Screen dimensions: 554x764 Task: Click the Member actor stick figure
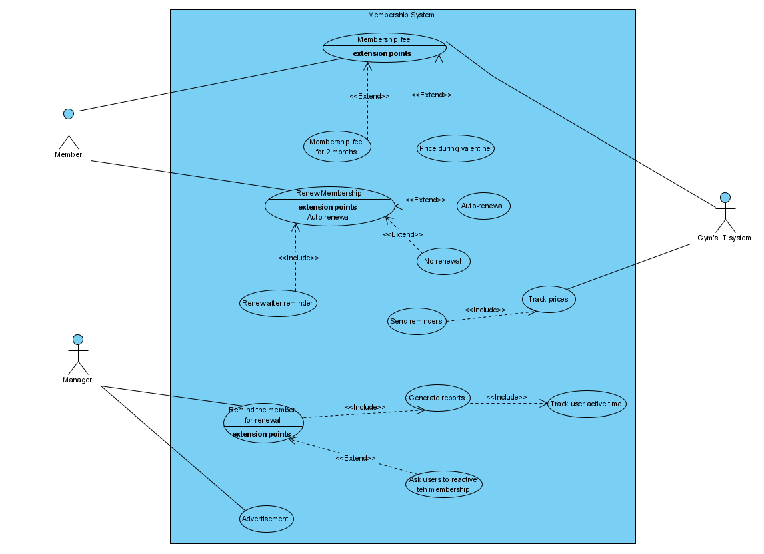point(69,129)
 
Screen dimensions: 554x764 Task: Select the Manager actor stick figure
point(78,354)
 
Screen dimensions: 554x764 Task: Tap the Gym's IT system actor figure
point(725,212)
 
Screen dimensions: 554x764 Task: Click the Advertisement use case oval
point(266,519)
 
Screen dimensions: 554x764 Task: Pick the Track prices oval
point(548,299)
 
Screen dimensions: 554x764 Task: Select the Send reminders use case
point(417,321)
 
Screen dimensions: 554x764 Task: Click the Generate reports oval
point(437,398)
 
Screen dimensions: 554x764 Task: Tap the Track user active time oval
point(587,404)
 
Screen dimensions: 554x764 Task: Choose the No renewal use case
point(443,261)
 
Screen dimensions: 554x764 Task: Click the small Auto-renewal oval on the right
point(483,206)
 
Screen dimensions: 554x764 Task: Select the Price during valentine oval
point(456,148)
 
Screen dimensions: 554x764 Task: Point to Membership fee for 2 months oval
point(337,146)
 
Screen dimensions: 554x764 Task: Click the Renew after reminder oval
point(278,303)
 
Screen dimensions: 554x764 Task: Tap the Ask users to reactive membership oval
point(443,484)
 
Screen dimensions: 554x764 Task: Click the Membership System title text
point(401,15)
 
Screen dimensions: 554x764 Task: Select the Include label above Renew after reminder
point(298,258)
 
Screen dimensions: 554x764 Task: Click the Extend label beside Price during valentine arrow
point(431,95)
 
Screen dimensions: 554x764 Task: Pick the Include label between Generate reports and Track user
point(506,397)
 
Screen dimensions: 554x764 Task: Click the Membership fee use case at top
point(384,47)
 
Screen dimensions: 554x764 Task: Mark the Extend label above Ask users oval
point(355,458)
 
